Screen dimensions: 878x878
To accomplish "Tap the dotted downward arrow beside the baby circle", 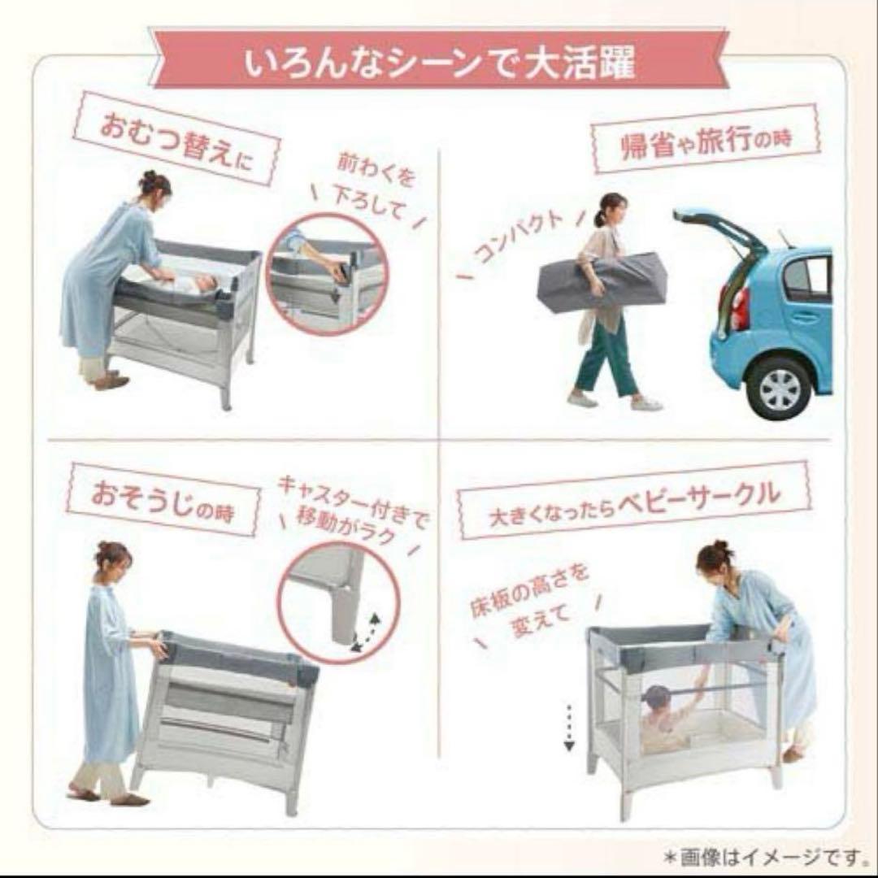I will (x=569, y=727).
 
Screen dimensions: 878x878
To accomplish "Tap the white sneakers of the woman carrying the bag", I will (x=615, y=402).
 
